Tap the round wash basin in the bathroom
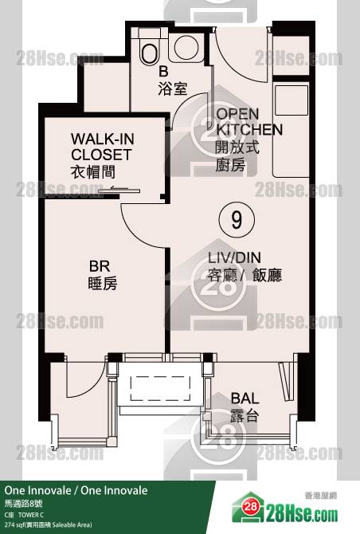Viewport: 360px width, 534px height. point(186,47)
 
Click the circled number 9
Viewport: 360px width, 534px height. point(237,220)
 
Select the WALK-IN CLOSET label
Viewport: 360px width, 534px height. point(103,155)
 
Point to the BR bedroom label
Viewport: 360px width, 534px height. point(102,275)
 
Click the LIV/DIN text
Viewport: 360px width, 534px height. point(234,257)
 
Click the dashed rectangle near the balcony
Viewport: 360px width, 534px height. point(160,388)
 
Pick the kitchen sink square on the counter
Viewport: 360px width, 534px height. point(292,100)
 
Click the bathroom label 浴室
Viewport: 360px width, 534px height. point(172,89)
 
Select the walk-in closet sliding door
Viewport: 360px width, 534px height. point(119,190)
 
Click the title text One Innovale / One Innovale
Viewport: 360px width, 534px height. point(76,490)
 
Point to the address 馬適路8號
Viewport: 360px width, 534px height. point(23,504)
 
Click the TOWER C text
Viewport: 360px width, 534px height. point(31,515)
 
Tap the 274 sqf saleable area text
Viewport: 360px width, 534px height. point(48,524)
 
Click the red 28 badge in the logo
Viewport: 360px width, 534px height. point(250,506)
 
